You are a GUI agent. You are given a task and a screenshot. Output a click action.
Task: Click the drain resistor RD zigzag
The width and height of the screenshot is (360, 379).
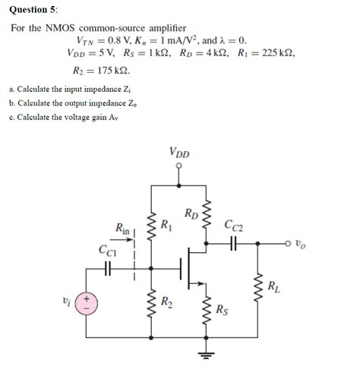(204, 220)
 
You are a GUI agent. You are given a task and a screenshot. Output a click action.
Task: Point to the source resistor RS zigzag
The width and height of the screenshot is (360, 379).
(204, 309)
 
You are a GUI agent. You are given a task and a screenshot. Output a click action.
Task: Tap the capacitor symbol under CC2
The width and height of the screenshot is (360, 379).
(232, 245)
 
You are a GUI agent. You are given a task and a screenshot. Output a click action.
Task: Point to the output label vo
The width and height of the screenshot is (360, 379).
(301, 245)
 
